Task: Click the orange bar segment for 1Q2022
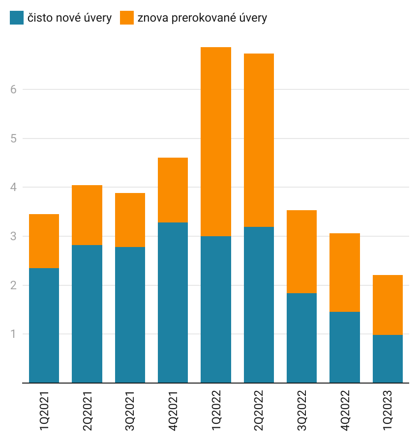(216, 141)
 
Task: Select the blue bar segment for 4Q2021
(173, 303)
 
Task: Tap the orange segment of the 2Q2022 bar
(259, 140)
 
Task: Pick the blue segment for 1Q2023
(388, 358)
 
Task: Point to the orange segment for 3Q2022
(301, 251)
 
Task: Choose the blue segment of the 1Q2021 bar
(44, 325)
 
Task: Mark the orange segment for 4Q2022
(344, 273)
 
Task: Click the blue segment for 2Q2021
(87, 314)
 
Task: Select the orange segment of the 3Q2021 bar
(130, 220)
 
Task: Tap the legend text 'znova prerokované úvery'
(202, 18)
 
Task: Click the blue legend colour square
(17, 18)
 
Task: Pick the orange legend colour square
(127, 18)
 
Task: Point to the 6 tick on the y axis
(13, 89)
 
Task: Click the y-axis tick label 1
(13, 334)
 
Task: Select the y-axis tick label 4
(13, 187)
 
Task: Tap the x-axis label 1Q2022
(216, 411)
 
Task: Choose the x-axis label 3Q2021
(130, 411)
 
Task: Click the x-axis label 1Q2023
(388, 411)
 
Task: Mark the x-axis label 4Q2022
(344, 411)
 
